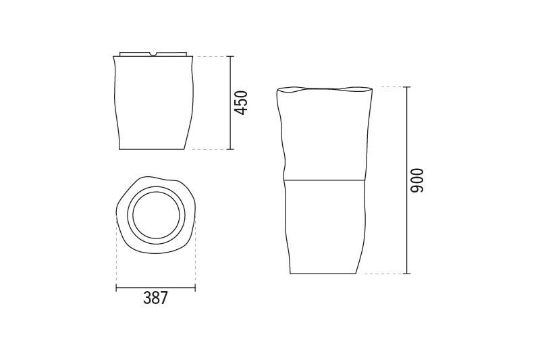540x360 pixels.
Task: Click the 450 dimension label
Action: pos(241,102)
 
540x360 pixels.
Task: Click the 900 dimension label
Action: pos(417,180)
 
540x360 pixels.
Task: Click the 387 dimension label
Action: pos(156,298)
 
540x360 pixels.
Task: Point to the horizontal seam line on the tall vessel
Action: pos(325,180)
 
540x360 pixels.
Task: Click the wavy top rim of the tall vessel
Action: pos(325,90)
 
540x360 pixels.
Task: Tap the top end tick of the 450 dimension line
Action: pos(230,56)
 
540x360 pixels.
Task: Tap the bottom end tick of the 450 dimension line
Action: pos(230,149)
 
